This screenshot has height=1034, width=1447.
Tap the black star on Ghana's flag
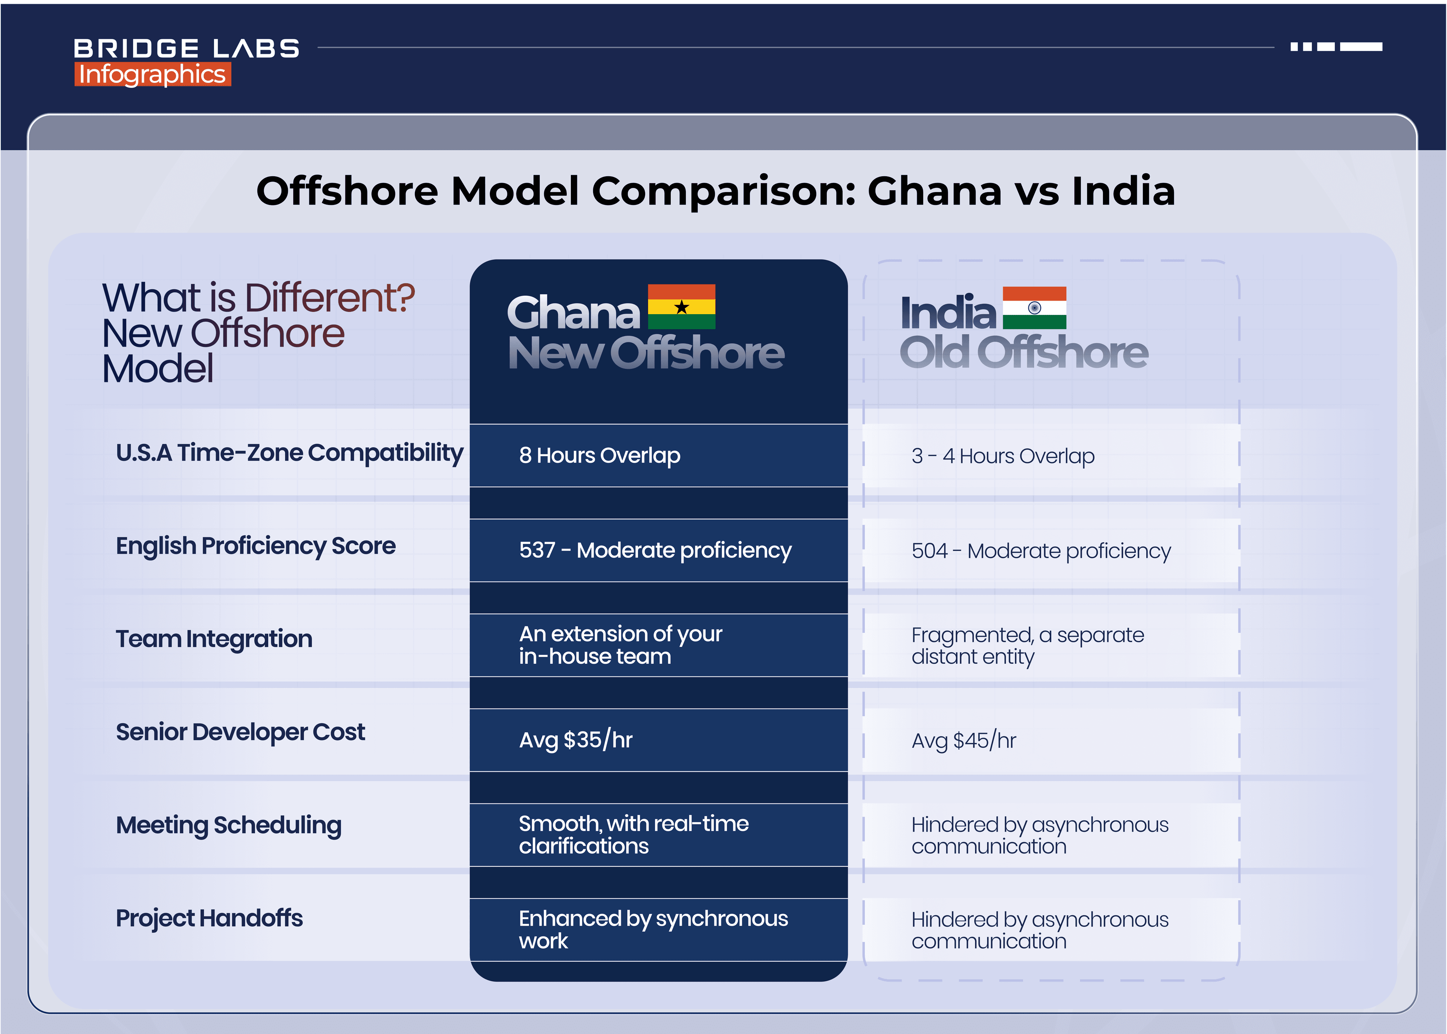click(681, 307)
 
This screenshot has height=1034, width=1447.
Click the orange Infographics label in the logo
click(152, 75)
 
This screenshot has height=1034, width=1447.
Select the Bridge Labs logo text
click(186, 48)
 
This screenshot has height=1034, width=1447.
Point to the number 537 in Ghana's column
click(537, 550)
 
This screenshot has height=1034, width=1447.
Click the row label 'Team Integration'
click(214, 638)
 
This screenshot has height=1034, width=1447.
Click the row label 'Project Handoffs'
click(209, 918)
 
